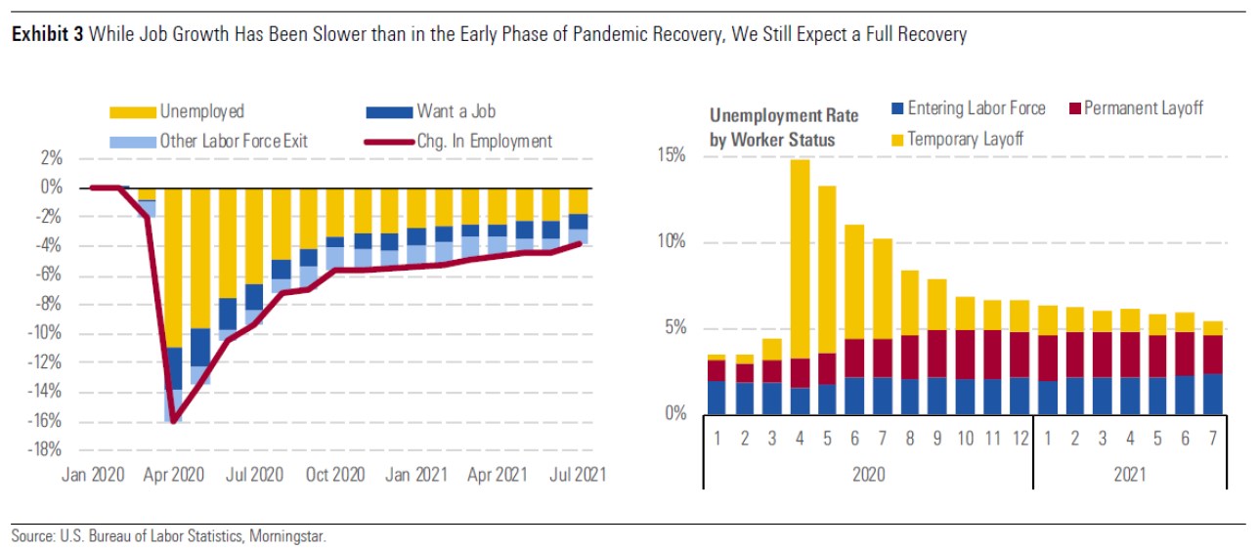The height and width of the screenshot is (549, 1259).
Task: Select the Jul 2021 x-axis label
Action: point(575,475)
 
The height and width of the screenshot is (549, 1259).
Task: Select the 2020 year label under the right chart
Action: point(868,475)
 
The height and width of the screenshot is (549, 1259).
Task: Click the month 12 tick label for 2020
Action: point(1019,440)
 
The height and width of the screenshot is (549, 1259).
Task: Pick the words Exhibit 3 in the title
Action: point(46,35)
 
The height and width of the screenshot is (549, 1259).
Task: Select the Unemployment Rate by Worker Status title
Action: point(784,127)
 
